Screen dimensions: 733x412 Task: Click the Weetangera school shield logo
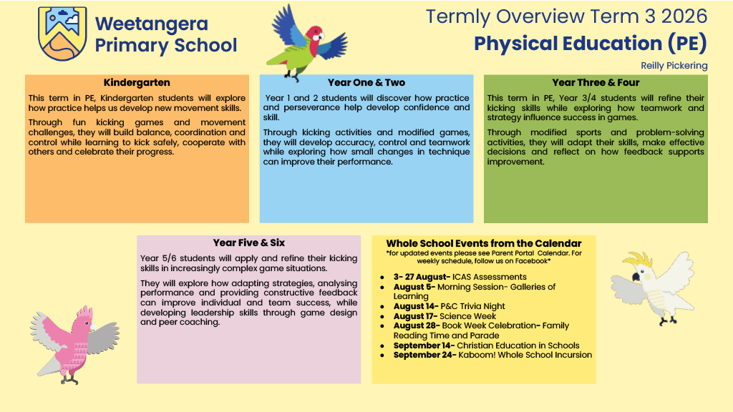(62, 34)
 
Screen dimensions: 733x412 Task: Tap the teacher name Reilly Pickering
(674, 65)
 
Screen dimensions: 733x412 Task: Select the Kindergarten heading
(137, 83)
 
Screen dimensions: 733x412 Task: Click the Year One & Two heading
(366, 83)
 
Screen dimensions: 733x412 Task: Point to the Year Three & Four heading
(596, 83)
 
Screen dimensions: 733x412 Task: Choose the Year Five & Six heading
(248, 243)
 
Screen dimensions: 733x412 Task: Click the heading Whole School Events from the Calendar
(484, 243)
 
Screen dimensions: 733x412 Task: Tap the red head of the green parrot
(314, 34)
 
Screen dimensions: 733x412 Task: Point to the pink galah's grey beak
(92, 325)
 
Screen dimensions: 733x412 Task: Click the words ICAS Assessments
(490, 277)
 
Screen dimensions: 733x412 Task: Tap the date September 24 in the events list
(424, 355)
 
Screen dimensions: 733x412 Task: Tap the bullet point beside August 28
(382, 326)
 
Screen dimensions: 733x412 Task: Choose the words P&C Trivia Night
(472, 306)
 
